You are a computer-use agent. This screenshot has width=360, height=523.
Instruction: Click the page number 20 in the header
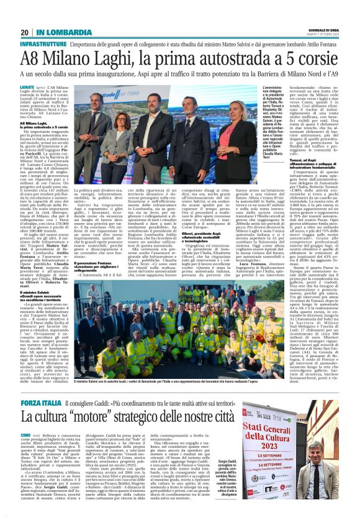[x=24, y=32]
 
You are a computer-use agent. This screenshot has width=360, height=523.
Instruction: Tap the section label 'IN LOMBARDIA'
[x=60, y=32]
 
